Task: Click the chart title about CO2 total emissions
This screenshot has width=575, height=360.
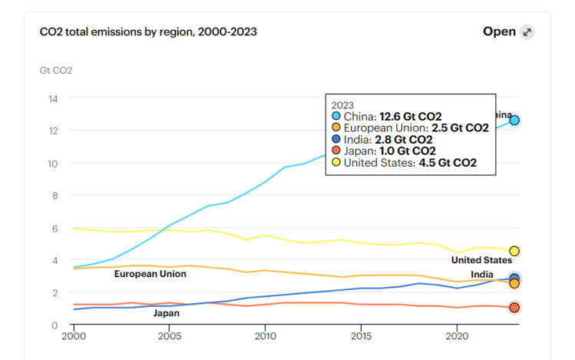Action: click(x=148, y=31)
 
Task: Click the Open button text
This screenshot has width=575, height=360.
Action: click(x=499, y=31)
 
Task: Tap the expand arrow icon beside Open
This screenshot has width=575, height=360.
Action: click(x=527, y=31)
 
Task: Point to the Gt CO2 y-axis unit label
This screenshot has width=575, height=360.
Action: click(x=56, y=71)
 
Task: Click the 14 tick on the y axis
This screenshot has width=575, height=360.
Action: click(x=53, y=98)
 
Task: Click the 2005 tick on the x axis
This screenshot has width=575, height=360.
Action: click(x=169, y=336)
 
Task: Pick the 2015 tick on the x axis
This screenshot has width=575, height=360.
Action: click(x=361, y=336)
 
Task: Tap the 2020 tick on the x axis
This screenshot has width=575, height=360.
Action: click(x=457, y=336)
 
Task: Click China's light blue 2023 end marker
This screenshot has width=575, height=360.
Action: click(x=514, y=121)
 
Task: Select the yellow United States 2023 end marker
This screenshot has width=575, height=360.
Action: click(x=514, y=251)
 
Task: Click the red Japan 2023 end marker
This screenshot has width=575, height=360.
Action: click(x=514, y=308)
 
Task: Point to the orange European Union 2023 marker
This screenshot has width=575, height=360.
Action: click(x=514, y=284)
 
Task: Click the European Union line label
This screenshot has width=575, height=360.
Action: click(x=150, y=274)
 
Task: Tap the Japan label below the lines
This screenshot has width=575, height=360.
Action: click(x=167, y=313)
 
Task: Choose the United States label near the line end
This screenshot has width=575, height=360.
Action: click(x=481, y=260)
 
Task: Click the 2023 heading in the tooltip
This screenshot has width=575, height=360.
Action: click(x=342, y=104)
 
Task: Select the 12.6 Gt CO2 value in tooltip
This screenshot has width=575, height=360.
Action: click(x=411, y=117)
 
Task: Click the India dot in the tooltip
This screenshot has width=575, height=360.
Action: click(x=336, y=140)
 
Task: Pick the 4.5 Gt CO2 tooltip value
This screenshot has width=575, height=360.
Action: click(x=448, y=163)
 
